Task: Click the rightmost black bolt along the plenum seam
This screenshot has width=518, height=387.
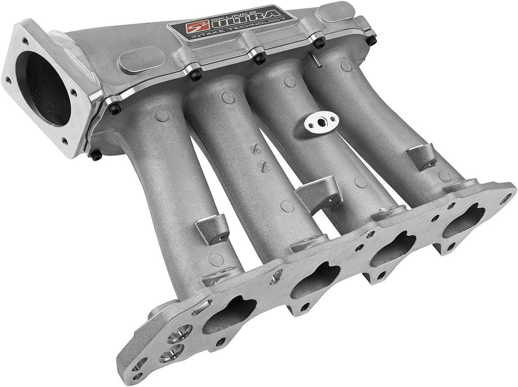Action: tap(319, 43)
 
